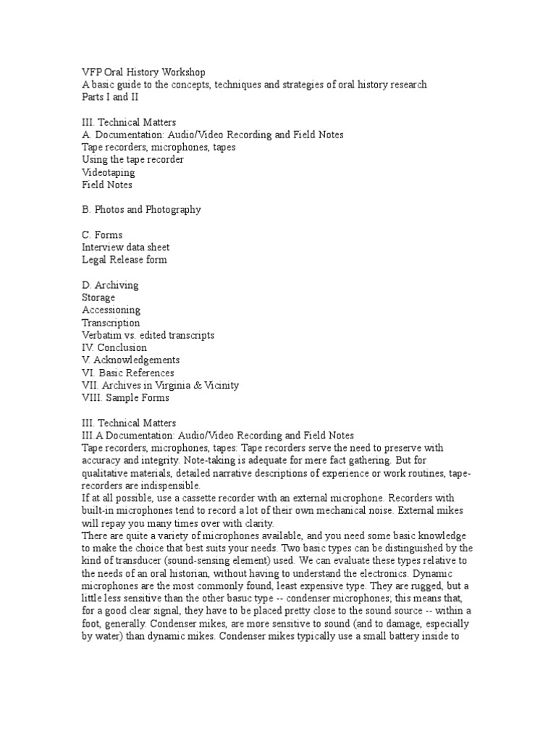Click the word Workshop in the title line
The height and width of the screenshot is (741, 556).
tap(182, 72)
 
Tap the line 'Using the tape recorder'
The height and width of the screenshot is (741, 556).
tap(132, 159)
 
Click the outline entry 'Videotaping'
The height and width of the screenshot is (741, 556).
tap(108, 172)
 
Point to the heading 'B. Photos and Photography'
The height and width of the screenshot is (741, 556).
tap(141, 210)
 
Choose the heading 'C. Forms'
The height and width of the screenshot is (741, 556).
tap(102, 235)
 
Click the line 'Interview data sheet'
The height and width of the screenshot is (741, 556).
tap(126, 247)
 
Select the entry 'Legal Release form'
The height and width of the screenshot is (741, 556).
tap(125, 260)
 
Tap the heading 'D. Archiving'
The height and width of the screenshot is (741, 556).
tap(110, 285)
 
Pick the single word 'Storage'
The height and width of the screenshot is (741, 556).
tap(98, 297)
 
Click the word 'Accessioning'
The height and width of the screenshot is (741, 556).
tap(111, 310)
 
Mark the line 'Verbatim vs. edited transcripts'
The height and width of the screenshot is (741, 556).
tap(148, 336)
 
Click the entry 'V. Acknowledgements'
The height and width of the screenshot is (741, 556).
tap(130, 360)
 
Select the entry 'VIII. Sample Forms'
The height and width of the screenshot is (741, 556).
tap(125, 398)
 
